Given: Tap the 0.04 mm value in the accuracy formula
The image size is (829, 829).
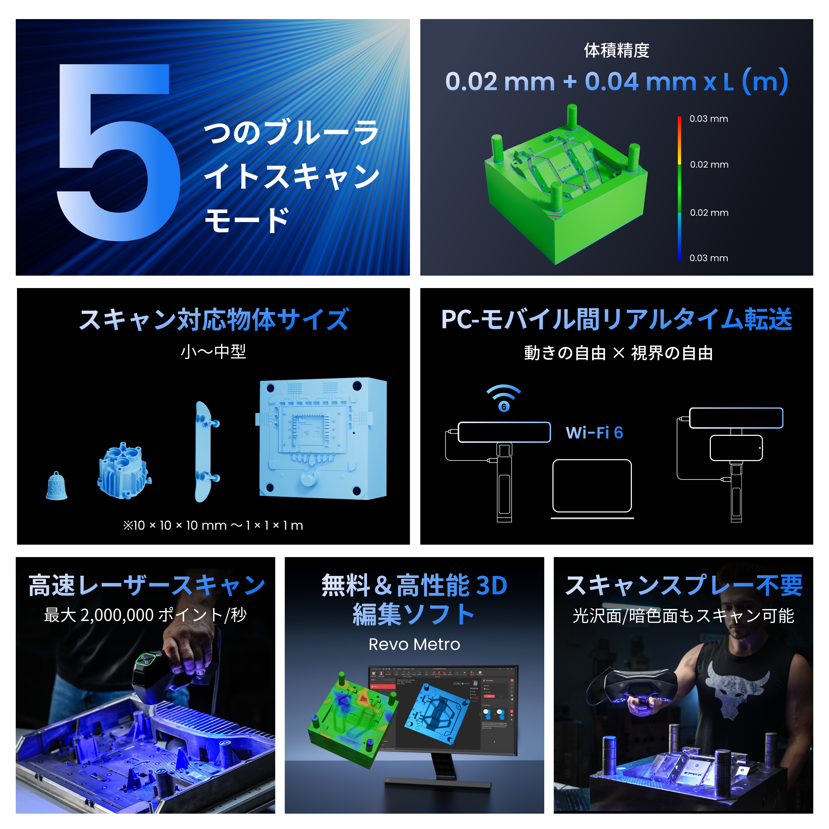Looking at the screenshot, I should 639,81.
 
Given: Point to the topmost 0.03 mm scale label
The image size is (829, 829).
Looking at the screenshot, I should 708,119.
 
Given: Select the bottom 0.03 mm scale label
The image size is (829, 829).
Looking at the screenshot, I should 708,258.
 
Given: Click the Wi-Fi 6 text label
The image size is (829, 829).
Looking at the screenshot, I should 594,433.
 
